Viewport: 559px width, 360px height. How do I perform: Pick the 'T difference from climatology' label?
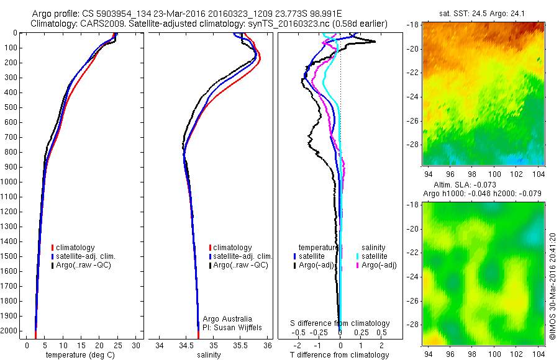point(340,355)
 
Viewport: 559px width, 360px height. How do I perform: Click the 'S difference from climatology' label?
point(340,323)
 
